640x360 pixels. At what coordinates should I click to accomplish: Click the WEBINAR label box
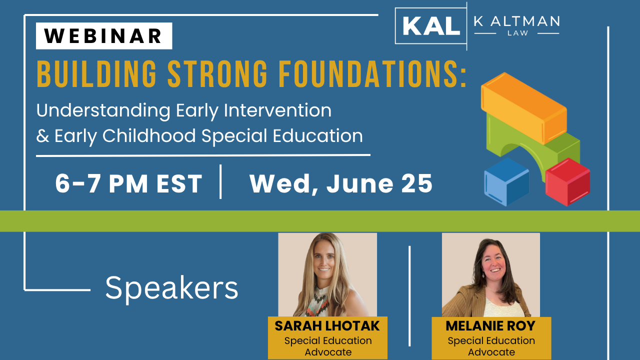click(x=104, y=36)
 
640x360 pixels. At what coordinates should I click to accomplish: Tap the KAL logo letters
click(x=431, y=25)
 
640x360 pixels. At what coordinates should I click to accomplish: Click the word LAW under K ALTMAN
click(x=517, y=33)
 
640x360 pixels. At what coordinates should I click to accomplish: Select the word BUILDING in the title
click(x=96, y=73)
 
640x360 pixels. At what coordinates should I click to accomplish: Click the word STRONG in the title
click(x=217, y=73)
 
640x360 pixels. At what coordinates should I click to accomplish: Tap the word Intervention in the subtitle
click(x=277, y=110)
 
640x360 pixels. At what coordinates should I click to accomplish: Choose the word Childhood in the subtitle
click(x=149, y=135)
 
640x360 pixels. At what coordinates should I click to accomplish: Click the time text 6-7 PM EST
click(x=129, y=183)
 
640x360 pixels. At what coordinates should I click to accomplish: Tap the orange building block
click(x=523, y=108)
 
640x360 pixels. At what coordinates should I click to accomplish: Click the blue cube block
click(x=506, y=182)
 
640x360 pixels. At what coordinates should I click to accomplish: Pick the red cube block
click(x=567, y=182)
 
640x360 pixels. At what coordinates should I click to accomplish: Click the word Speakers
click(x=171, y=288)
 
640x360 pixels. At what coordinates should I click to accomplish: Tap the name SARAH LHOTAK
click(x=327, y=326)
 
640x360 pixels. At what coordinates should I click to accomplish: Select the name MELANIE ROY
click(x=490, y=326)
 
